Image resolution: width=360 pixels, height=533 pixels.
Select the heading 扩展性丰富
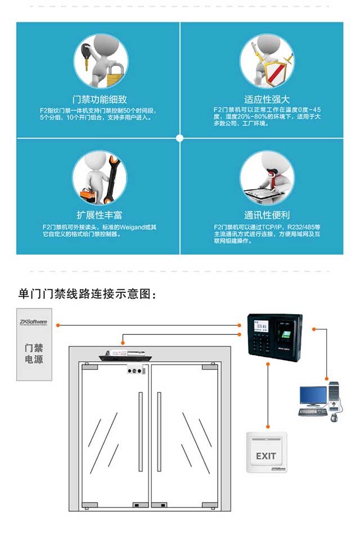click(x=100, y=215)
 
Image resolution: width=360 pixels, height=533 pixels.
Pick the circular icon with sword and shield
click(x=267, y=61)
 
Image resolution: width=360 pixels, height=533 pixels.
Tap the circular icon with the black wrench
click(x=100, y=177)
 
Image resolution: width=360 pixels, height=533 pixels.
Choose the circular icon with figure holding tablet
click(x=267, y=177)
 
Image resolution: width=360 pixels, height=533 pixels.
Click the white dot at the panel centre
click(x=180, y=138)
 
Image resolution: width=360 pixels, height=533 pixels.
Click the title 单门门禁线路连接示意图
click(x=85, y=294)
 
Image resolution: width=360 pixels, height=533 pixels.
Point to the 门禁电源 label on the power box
click(x=34, y=353)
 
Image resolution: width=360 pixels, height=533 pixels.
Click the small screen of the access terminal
click(x=262, y=326)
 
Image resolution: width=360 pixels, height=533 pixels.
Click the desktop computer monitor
click(x=313, y=396)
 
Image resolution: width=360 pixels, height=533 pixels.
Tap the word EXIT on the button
click(x=266, y=456)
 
